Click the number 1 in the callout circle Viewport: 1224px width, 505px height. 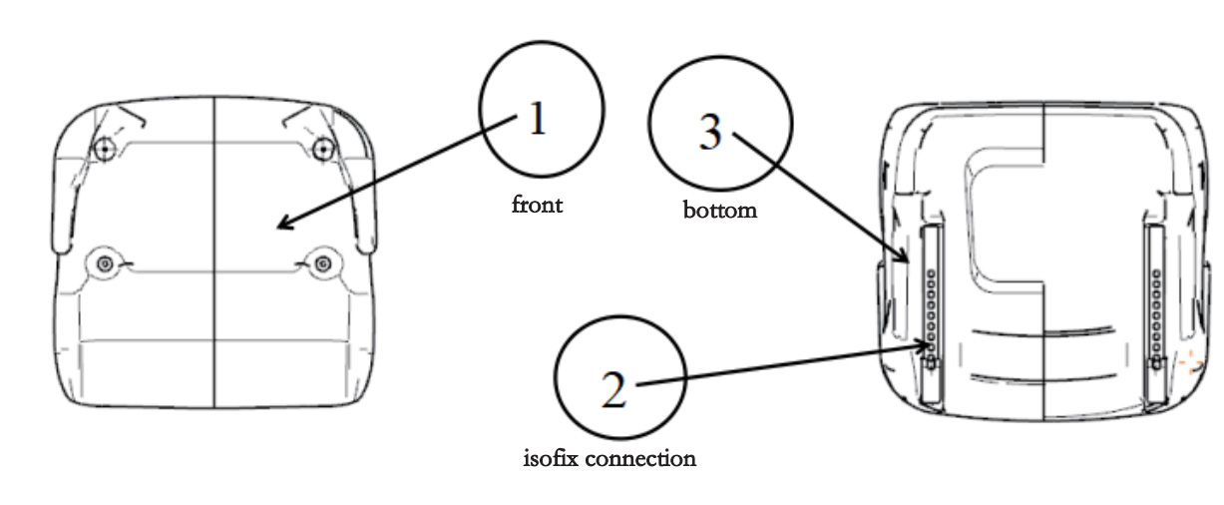[538, 120]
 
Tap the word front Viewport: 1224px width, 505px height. [537, 205]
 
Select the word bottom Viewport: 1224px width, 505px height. [719, 211]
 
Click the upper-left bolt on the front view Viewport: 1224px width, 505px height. [102, 150]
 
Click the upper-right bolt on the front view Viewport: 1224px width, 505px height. [322, 150]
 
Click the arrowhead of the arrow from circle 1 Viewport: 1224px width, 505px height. [280, 226]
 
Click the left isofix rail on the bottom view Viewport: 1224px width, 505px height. [930, 309]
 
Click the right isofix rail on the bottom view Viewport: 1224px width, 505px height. [1156, 309]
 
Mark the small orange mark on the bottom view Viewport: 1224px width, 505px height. [1187, 364]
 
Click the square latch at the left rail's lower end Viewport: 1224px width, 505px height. [930, 362]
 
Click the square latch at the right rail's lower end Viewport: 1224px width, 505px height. [1156, 362]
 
